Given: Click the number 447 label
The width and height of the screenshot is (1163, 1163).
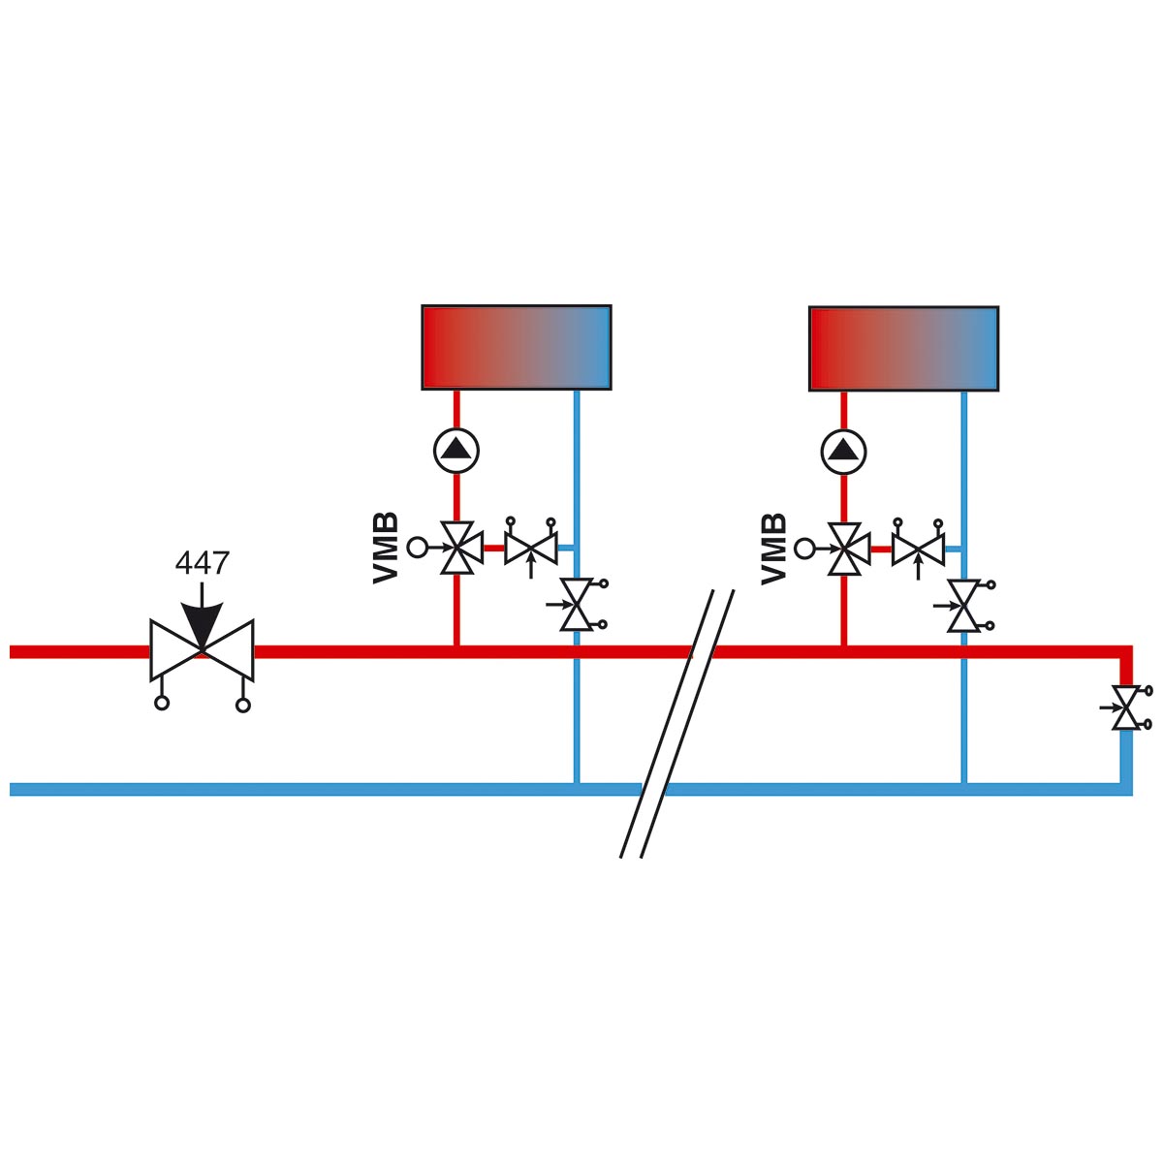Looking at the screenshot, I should click(202, 563).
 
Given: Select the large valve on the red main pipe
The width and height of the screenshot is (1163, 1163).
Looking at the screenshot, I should click(202, 650).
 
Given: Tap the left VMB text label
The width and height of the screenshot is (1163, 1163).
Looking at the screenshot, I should click(386, 548).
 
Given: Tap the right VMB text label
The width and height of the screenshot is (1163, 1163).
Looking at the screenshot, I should click(773, 548).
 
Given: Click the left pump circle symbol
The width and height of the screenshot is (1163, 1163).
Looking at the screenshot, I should click(456, 450).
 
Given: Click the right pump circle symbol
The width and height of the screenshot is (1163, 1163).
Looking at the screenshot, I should click(844, 451).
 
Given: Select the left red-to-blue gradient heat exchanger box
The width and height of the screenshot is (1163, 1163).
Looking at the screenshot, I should click(516, 347).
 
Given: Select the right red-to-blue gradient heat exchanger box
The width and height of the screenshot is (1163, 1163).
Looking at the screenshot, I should click(903, 348).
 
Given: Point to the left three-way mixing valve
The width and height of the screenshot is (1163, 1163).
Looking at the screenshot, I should click(456, 549).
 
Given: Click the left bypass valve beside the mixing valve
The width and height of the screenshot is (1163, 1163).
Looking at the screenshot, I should click(531, 549).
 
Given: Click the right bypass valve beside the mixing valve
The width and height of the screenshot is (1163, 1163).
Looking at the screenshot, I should click(918, 550).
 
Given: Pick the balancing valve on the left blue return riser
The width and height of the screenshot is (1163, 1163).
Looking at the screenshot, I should click(578, 605).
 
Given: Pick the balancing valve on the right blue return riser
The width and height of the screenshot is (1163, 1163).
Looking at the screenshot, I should click(964, 606).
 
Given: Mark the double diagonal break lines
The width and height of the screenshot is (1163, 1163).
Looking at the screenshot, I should click(676, 723).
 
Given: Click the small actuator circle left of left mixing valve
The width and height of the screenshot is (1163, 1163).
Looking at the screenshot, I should click(417, 548).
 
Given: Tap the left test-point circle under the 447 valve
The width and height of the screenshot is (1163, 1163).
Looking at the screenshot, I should click(162, 704).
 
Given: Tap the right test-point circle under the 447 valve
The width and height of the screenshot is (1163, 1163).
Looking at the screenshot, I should click(243, 705).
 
